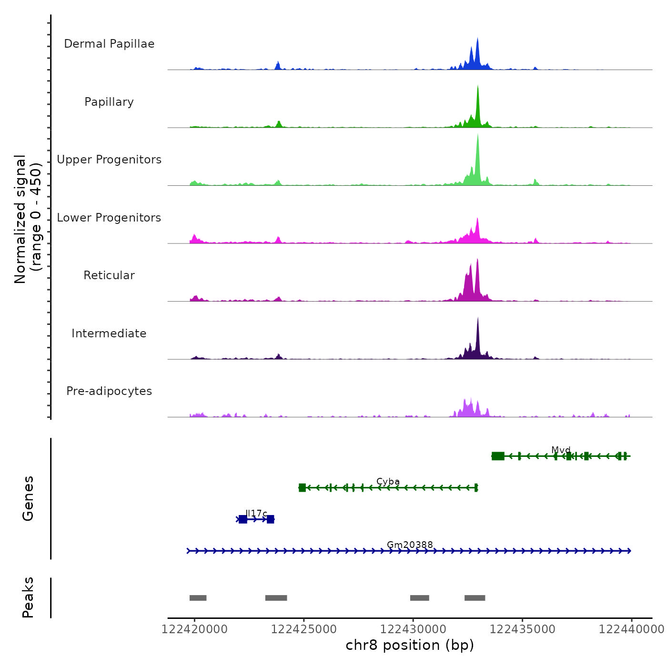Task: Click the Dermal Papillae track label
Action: tap(109, 44)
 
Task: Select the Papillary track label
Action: tap(109, 102)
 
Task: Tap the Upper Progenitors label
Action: tap(109, 160)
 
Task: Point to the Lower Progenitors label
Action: tap(109, 218)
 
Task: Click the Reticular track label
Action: tap(109, 275)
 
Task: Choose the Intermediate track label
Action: tap(109, 333)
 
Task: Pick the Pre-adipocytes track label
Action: tap(109, 391)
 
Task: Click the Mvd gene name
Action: tap(561, 450)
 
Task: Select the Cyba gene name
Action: tap(388, 482)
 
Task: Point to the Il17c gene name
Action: tap(256, 513)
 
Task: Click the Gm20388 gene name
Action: tap(410, 545)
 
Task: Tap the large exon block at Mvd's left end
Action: tap(498, 456)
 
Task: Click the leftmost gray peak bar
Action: tap(198, 598)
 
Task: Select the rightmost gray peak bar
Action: tap(475, 598)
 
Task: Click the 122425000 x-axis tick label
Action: tap(304, 629)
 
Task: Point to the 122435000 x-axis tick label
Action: tap(523, 629)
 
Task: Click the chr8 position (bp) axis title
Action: tap(410, 645)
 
